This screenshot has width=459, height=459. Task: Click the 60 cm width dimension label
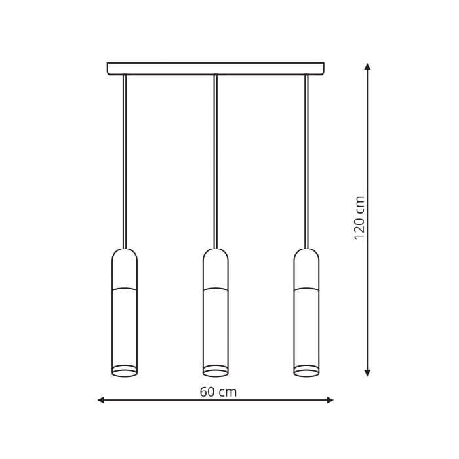click(218, 392)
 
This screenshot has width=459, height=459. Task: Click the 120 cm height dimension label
click(359, 218)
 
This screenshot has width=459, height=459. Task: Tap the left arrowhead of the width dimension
click(101, 400)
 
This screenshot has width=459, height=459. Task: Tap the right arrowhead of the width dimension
click(330, 400)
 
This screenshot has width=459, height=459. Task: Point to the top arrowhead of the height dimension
click(368, 66)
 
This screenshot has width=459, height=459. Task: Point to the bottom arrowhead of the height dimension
click(368, 372)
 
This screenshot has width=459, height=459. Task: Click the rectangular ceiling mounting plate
click(216, 69)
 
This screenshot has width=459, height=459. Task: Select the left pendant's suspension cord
click(125, 162)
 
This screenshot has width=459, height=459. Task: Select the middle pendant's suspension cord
click(216, 162)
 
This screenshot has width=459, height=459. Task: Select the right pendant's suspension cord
click(306, 162)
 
